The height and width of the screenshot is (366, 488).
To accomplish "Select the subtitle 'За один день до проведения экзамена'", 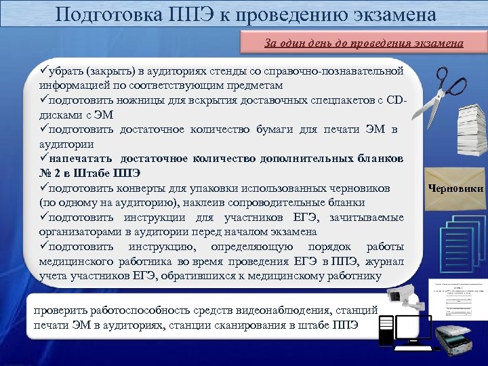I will pyautogui.click(x=364, y=43).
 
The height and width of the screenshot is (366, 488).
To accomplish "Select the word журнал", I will pyautogui.click(x=386, y=261).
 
